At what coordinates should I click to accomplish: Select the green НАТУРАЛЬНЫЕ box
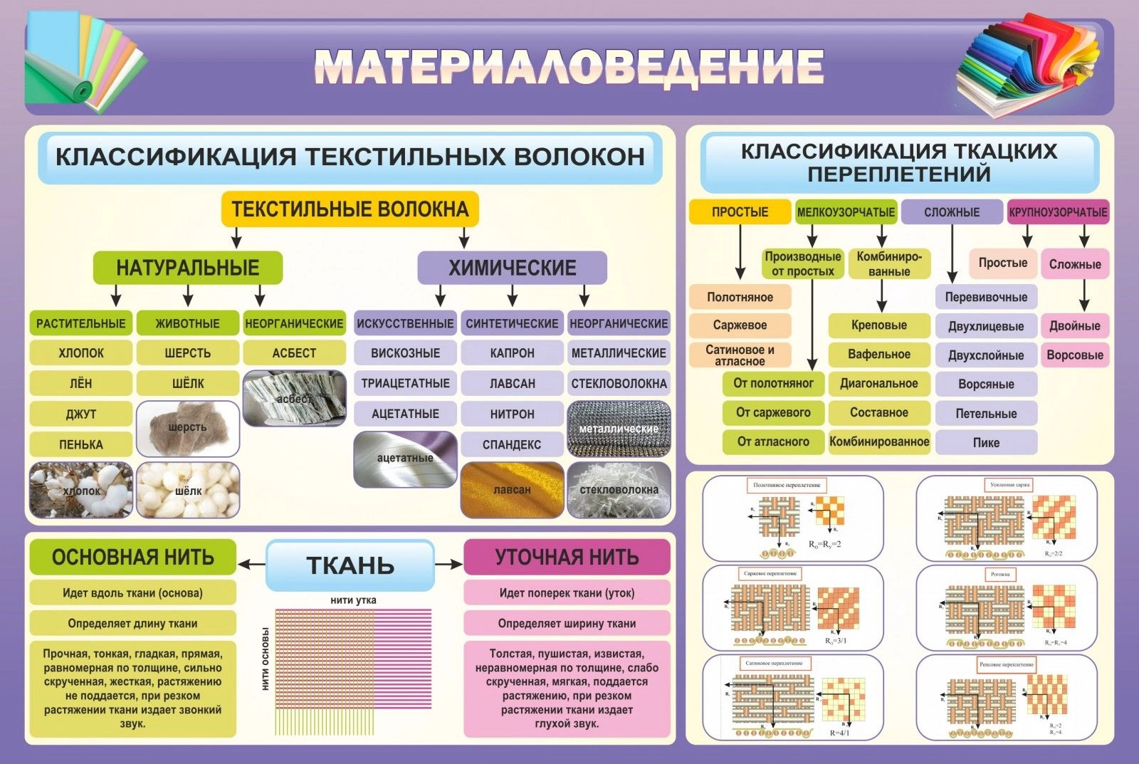(x=188, y=268)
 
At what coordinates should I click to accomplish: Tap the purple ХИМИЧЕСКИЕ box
(x=512, y=268)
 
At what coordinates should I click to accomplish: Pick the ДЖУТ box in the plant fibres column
(x=81, y=414)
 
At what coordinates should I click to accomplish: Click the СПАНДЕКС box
(x=512, y=444)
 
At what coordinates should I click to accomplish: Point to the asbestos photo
(x=294, y=398)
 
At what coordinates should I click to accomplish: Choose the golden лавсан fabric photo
(x=512, y=490)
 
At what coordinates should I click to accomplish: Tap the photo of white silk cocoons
(x=188, y=490)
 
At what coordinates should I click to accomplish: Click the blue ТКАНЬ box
(x=350, y=565)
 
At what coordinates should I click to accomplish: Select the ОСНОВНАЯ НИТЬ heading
(x=133, y=557)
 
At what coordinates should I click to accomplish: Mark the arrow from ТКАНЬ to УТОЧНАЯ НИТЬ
(x=448, y=565)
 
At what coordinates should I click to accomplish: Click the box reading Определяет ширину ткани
(x=567, y=623)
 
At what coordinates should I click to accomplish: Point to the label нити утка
(x=353, y=600)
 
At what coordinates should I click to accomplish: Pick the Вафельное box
(x=879, y=354)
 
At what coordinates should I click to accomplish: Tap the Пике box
(x=986, y=442)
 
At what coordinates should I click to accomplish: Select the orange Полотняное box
(x=740, y=297)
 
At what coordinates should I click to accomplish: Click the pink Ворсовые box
(x=1075, y=355)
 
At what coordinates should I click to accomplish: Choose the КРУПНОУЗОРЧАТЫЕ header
(x=1058, y=212)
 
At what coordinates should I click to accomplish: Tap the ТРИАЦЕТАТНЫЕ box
(x=405, y=383)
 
